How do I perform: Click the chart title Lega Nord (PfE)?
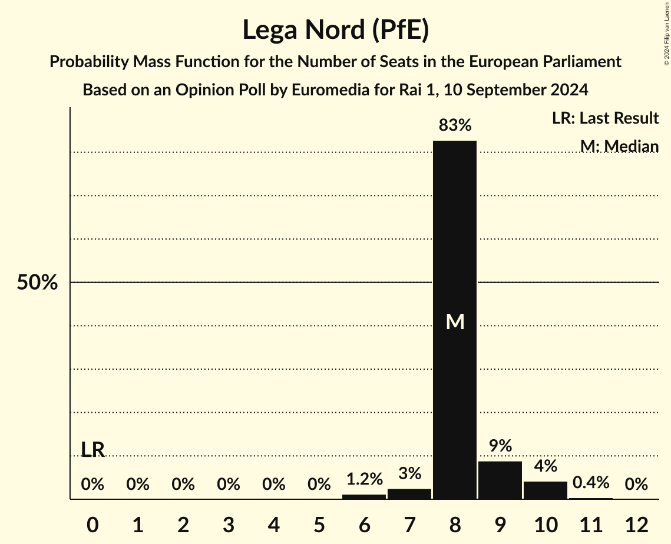tap(335, 29)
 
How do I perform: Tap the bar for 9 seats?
tap(500, 480)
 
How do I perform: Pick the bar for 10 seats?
tap(545, 490)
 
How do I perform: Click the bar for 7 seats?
tap(409, 493)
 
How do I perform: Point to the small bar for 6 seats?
tap(363, 496)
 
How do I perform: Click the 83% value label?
tap(454, 125)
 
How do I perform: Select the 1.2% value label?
tap(363, 479)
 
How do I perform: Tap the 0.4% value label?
tap(590, 483)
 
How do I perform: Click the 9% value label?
tap(500, 446)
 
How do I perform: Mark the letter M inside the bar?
tap(455, 321)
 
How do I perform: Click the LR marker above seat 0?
tap(92, 450)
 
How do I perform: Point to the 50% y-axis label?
tap(37, 283)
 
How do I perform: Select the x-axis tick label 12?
tap(636, 525)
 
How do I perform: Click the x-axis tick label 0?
tap(92, 525)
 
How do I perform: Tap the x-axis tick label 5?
tap(319, 525)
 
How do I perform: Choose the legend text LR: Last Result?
tap(605, 118)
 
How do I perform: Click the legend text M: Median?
tap(619, 146)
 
